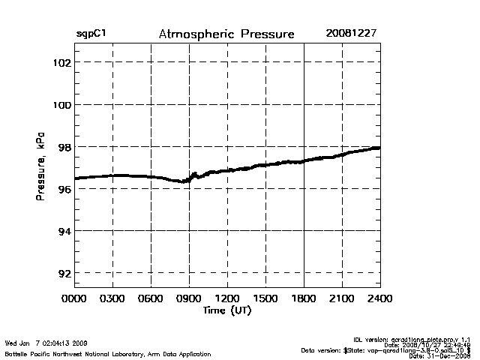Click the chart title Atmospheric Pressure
pyautogui.click(x=226, y=34)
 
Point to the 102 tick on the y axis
pyautogui.click(x=61, y=62)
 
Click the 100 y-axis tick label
pyautogui.click(x=61, y=104)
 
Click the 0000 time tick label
pyautogui.click(x=74, y=298)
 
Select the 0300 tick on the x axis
pyautogui.click(x=112, y=298)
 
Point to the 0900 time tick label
pyautogui.click(x=189, y=298)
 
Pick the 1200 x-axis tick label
pyautogui.click(x=227, y=298)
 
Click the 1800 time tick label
pyautogui.click(x=304, y=298)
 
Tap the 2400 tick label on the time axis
pyautogui.click(x=380, y=298)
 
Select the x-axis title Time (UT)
pyautogui.click(x=226, y=310)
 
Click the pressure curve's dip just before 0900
pyautogui.click(x=182, y=181)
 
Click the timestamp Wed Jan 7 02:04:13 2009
pyautogui.click(x=46, y=343)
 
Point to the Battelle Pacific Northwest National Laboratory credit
pyautogui.click(x=107, y=353)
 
